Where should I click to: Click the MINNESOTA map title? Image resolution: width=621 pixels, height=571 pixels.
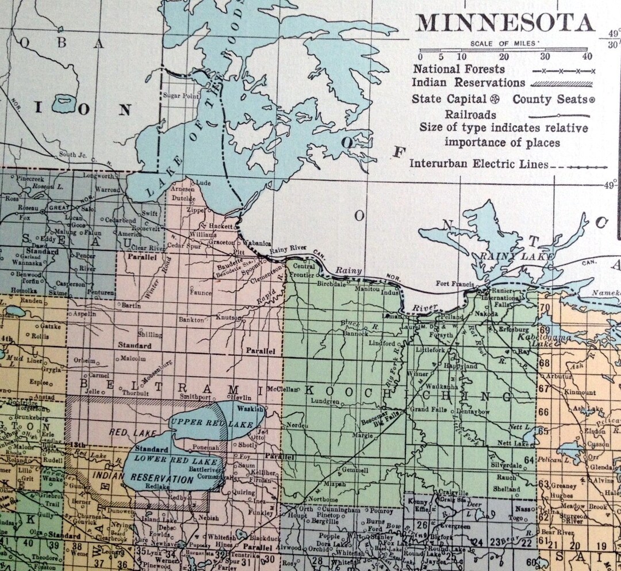(505, 22)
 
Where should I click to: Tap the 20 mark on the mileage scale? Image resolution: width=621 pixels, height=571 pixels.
(504, 56)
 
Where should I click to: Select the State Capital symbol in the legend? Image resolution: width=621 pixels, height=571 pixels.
(492, 99)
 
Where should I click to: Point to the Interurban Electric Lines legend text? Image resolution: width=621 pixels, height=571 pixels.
(478, 164)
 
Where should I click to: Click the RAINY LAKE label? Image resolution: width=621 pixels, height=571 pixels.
(517, 255)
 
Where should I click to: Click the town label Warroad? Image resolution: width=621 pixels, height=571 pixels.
(108, 189)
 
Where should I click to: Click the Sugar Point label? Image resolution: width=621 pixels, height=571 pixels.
(180, 95)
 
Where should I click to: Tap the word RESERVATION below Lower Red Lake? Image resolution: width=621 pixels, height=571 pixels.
(161, 477)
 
